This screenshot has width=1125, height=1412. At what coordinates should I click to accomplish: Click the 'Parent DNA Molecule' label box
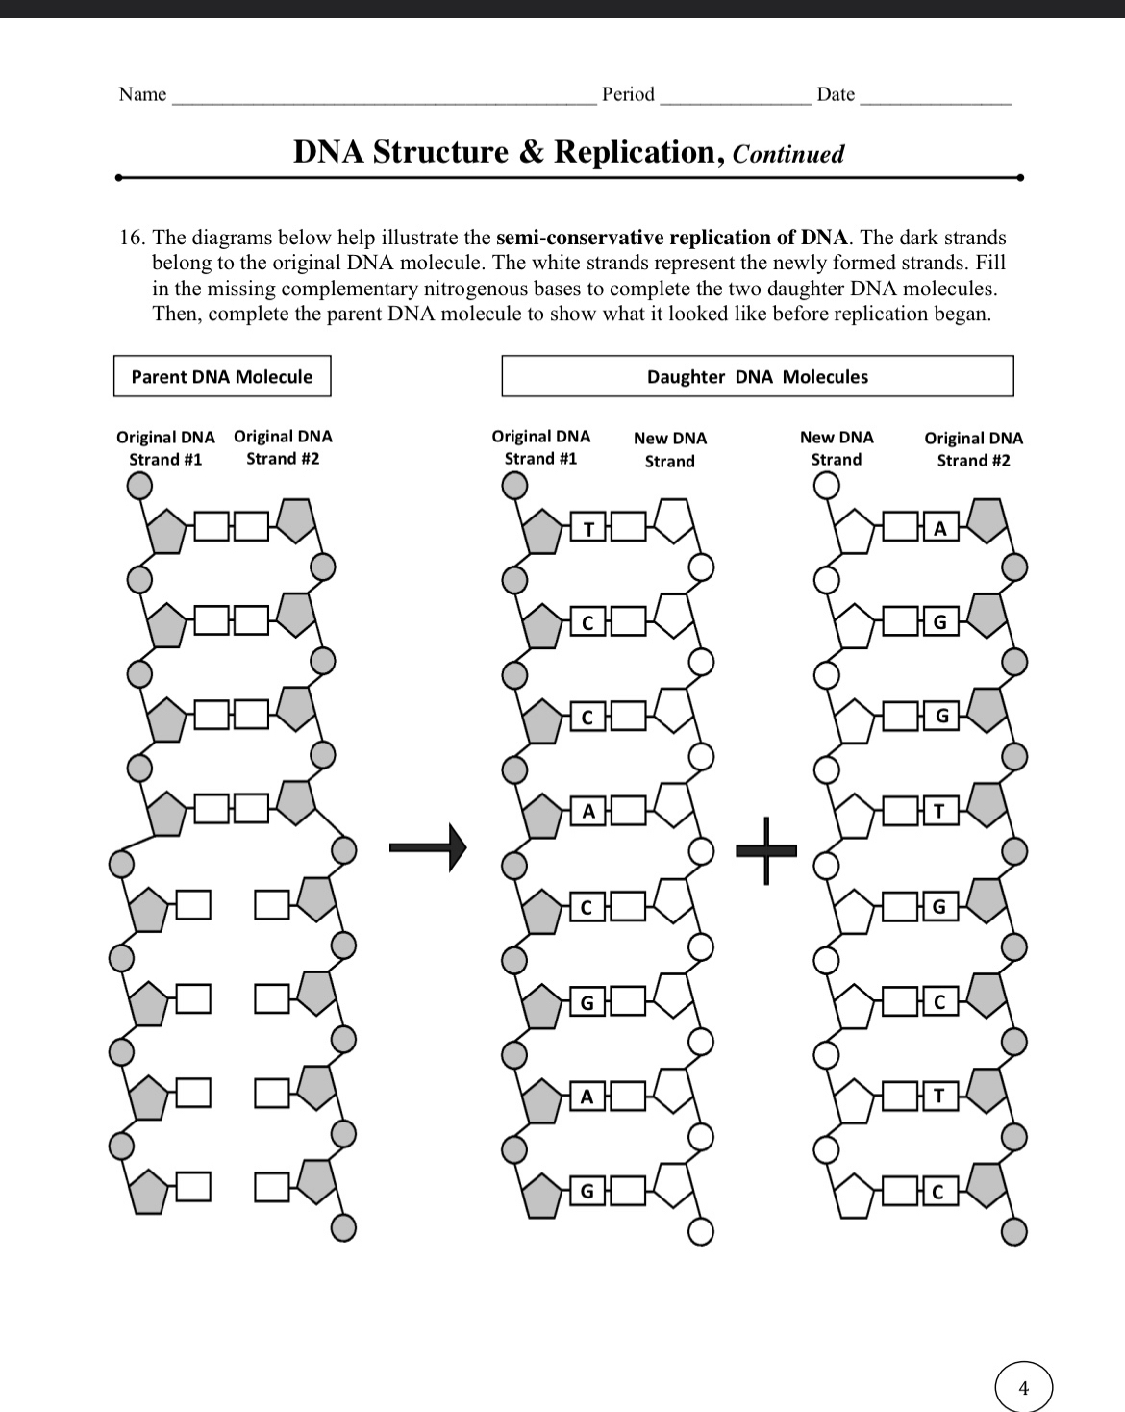(221, 376)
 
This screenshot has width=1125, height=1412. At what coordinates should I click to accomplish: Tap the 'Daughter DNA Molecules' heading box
(757, 376)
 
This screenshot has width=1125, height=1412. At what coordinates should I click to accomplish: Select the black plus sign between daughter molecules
(766, 849)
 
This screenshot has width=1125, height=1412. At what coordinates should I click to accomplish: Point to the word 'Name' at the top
(142, 94)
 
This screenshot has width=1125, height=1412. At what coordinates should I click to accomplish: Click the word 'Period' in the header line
(628, 94)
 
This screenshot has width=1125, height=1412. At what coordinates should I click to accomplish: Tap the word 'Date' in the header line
(835, 94)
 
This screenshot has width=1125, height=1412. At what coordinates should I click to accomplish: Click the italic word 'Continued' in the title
(788, 154)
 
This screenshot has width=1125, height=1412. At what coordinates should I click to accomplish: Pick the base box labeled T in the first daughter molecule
(588, 528)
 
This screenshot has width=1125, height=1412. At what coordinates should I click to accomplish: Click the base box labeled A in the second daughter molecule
(940, 528)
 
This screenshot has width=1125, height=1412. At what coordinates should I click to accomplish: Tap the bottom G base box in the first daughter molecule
(588, 1192)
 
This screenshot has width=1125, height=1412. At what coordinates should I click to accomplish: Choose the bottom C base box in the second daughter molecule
(940, 1193)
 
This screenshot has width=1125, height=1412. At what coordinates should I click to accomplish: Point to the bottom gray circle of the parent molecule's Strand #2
(344, 1228)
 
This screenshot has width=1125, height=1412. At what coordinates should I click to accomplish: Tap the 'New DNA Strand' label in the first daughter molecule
(670, 449)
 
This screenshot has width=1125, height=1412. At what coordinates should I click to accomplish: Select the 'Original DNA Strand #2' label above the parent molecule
(283, 447)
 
